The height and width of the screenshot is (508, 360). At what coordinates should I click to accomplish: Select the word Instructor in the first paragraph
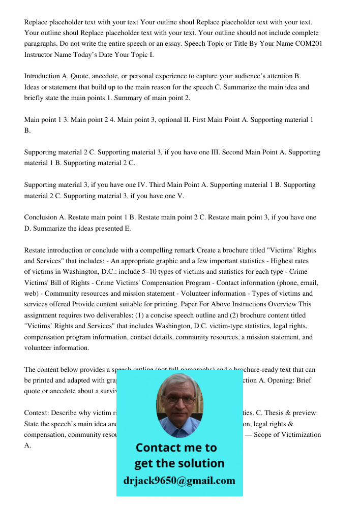tap(39, 54)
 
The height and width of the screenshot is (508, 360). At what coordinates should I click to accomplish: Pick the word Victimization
tap(295, 434)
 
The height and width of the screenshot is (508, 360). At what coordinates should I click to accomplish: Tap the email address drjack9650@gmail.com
tap(179, 480)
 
